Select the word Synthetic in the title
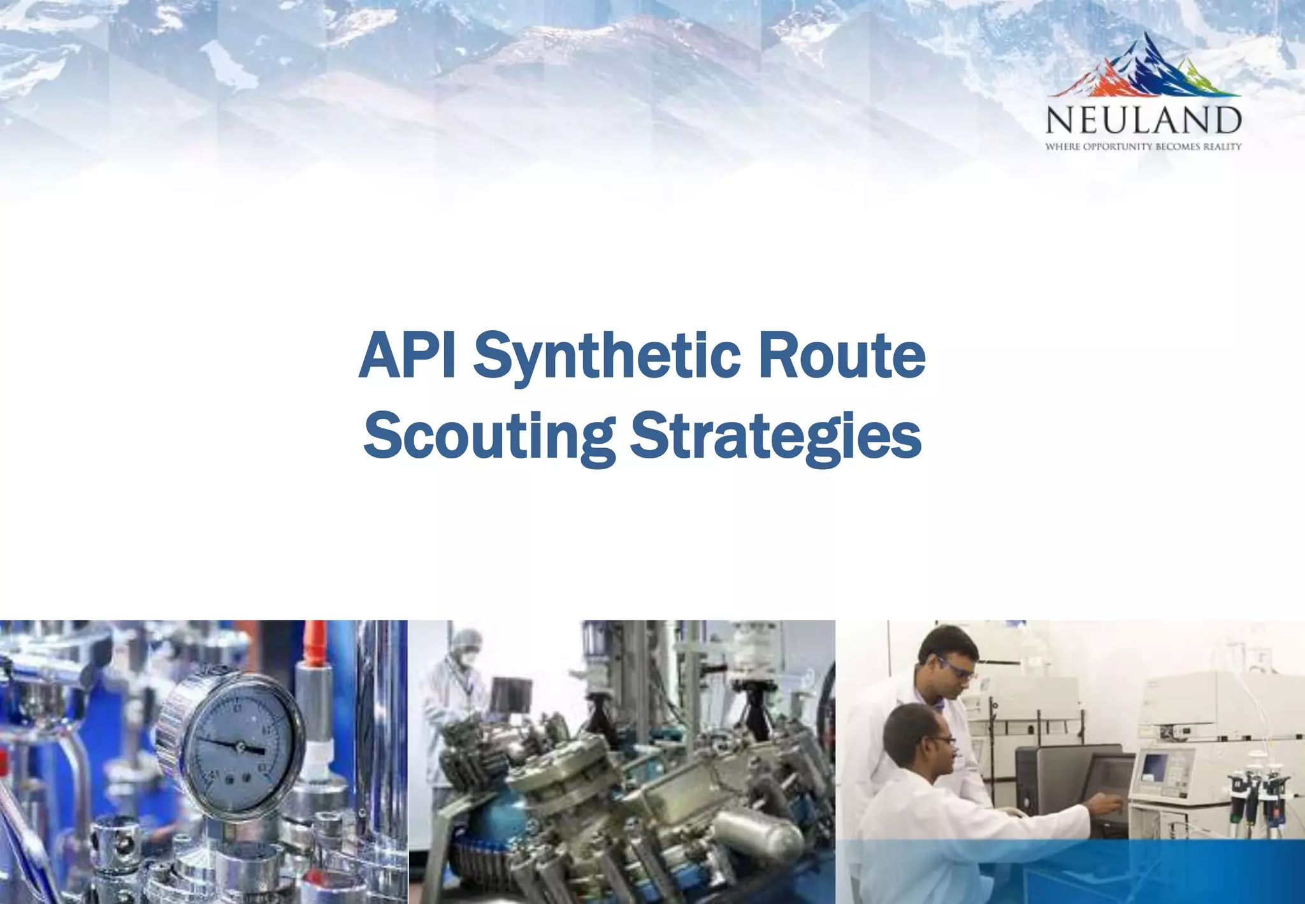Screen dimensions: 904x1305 point(606,357)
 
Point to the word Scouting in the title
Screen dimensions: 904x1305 point(489,436)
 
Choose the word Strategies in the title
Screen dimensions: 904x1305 point(775,436)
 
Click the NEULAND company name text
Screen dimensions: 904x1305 point(1143,120)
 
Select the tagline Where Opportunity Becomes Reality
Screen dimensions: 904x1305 point(1143,147)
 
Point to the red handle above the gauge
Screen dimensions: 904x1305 point(313,644)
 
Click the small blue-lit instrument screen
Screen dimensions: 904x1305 point(1155,765)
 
